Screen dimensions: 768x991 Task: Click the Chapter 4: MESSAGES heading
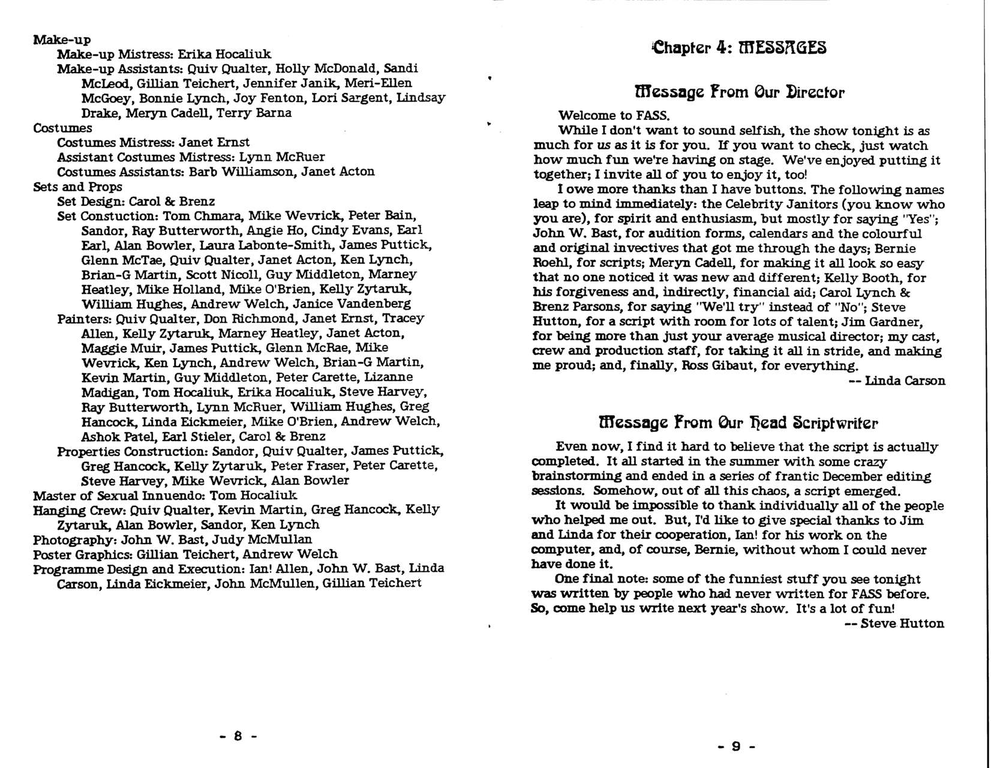739,47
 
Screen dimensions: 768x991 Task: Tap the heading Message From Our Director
739,92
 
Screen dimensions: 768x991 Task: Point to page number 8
238,736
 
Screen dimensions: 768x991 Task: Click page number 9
736,746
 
